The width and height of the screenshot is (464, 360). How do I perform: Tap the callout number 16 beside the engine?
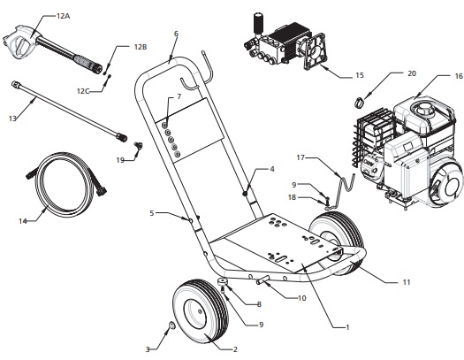(434, 77)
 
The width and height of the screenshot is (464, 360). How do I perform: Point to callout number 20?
(386, 73)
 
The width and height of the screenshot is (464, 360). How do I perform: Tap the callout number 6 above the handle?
(175, 34)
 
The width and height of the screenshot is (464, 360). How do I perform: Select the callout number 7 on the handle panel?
(179, 95)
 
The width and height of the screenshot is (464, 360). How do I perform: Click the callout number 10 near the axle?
(301, 298)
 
